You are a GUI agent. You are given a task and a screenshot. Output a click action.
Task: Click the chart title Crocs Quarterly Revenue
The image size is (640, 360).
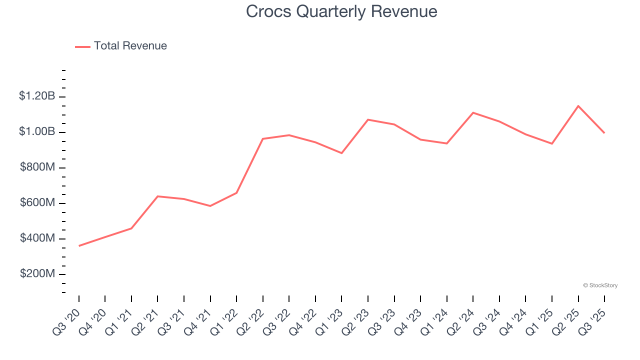pos(341,11)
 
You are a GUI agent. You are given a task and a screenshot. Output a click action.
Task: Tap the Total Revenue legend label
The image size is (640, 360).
pos(130,46)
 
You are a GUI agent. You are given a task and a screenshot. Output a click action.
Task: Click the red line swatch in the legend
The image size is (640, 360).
pos(82,46)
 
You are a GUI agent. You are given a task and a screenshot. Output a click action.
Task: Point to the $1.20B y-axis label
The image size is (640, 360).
pos(37,96)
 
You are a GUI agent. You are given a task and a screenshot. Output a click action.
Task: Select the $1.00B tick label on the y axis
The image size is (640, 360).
pos(37,131)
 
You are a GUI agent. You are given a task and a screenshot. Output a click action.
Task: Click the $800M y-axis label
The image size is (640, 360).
pos(37,167)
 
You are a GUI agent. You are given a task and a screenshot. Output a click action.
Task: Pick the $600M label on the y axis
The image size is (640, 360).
pos(37,202)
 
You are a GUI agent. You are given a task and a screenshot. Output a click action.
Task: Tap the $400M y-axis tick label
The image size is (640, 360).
pos(37,238)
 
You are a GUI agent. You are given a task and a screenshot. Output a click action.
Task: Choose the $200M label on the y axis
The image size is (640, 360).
pos(37,273)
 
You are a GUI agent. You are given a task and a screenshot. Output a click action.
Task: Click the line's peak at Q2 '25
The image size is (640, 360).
pos(578,106)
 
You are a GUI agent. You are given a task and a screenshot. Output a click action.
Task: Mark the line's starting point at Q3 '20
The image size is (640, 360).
pos(79,245)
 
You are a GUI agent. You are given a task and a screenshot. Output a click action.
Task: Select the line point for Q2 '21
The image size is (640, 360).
pos(157,196)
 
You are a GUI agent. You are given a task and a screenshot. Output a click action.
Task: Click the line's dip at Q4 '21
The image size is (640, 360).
pos(210,205)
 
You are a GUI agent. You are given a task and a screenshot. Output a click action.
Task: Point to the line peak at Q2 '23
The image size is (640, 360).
pos(368,119)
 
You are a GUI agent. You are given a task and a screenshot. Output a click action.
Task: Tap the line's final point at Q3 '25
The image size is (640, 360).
pos(604,132)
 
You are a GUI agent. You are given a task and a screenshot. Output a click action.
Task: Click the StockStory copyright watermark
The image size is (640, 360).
pos(600,285)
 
